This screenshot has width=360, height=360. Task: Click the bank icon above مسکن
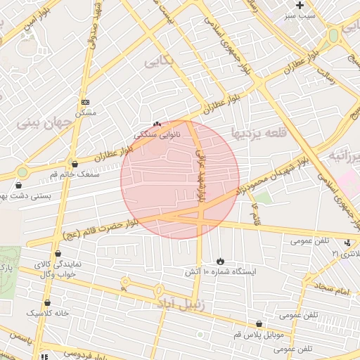(86, 102)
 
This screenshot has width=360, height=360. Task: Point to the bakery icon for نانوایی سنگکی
(157, 123)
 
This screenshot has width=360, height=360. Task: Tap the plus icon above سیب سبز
(300, 5)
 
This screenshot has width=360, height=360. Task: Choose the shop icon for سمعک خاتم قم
(75, 165)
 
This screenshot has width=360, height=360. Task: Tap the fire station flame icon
(221, 261)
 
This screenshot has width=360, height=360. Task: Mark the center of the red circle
(180, 179)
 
